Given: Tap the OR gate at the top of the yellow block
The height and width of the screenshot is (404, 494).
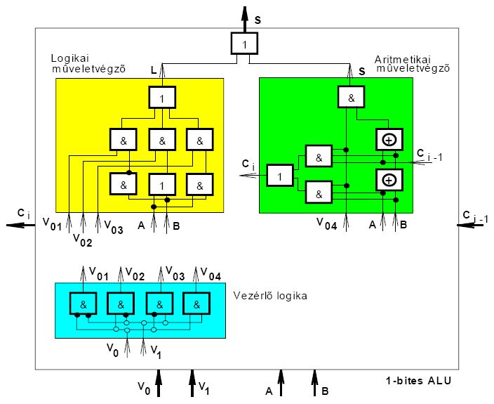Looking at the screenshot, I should tap(162, 98).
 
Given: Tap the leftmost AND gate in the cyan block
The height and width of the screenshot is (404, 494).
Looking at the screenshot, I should tap(82, 304).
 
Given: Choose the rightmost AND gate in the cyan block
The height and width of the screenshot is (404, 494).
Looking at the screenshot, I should tap(197, 304).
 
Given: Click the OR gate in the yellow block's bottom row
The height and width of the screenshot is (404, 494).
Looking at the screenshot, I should tap(162, 184).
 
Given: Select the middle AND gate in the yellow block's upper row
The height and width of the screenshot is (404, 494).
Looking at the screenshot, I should tap(162, 140).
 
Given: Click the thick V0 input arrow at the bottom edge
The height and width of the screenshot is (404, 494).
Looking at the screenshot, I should tap(159, 385).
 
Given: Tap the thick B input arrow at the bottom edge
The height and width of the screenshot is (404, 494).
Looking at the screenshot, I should tap(315, 382).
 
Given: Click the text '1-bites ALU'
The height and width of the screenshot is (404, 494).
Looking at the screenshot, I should tap(418, 380).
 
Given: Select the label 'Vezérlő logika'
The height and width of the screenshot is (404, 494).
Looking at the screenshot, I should tap(269, 296).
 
